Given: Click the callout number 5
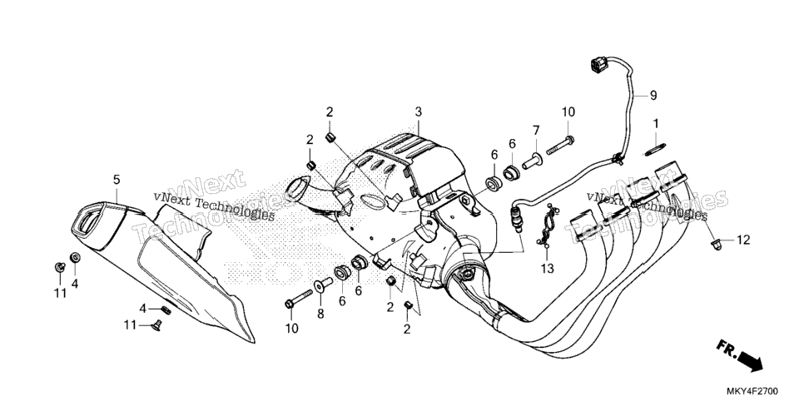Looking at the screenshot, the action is (117, 180).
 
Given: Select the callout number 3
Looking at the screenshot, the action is (419, 111).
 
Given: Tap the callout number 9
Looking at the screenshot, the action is (653, 95).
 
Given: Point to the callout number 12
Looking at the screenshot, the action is (743, 240).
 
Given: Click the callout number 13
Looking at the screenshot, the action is (547, 268).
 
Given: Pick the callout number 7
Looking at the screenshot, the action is (536, 129).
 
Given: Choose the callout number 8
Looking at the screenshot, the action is (320, 314).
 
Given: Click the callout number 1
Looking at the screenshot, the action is (655, 124).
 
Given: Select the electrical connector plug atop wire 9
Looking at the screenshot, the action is (598, 66).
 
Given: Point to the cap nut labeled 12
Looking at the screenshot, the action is (717, 245).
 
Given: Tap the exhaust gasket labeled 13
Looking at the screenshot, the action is (547, 225).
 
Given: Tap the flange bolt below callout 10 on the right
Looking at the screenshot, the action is (560, 145).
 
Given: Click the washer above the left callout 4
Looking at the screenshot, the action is (74, 257).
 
